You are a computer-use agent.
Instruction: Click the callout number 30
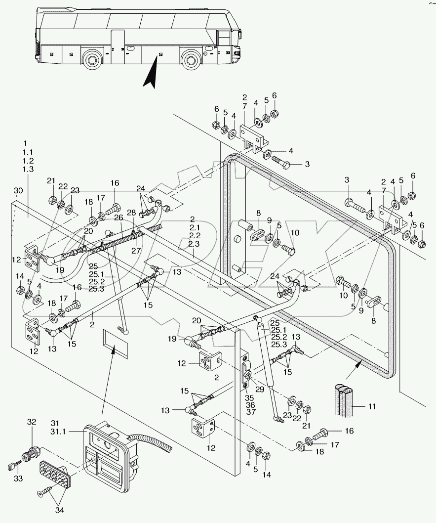point(18,190)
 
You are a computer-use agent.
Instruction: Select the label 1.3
point(28,169)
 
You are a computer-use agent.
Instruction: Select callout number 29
point(259,390)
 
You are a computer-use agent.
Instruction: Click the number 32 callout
point(32,422)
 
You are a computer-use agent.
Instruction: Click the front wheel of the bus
point(191,60)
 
